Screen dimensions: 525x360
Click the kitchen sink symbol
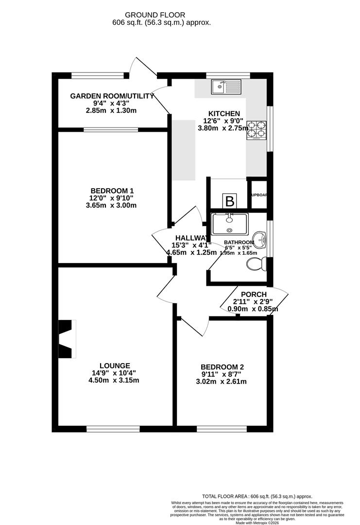tap(225, 87)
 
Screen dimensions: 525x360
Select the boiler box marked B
tap(229, 201)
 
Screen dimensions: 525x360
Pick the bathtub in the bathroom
tap(230, 224)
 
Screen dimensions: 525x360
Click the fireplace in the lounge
tap(67, 338)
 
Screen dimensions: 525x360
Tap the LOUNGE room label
tap(115, 366)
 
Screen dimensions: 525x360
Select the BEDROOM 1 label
tap(112, 191)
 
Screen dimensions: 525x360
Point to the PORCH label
tap(254, 294)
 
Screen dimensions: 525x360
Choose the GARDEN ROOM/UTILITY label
tap(112, 96)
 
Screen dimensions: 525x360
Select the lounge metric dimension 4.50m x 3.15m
tap(115, 380)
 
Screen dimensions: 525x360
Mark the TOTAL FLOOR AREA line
tap(257, 496)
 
